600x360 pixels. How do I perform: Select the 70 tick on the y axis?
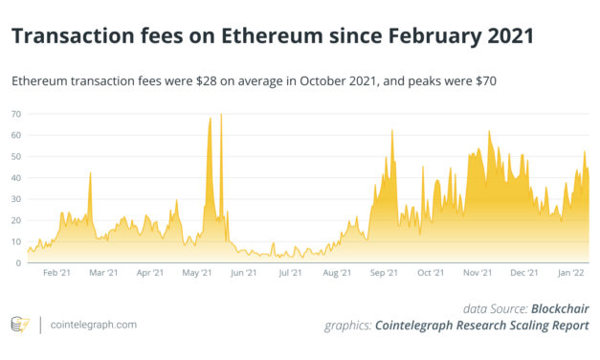tap(16, 114)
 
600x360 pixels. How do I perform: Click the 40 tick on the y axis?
tap(16, 177)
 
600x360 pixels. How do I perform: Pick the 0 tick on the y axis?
tap(19, 262)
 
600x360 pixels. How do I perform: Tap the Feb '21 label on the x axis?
tap(57, 274)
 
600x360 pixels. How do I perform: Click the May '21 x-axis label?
tap(197, 274)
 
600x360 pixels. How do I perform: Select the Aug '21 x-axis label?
tap(337, 274)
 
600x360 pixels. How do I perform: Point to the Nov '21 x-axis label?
tap(477, 274)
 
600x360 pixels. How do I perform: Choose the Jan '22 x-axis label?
tap(570, 274)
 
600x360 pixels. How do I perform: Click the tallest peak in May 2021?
tap(221, 115)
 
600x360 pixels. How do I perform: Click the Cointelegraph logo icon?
tap(19, 325)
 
